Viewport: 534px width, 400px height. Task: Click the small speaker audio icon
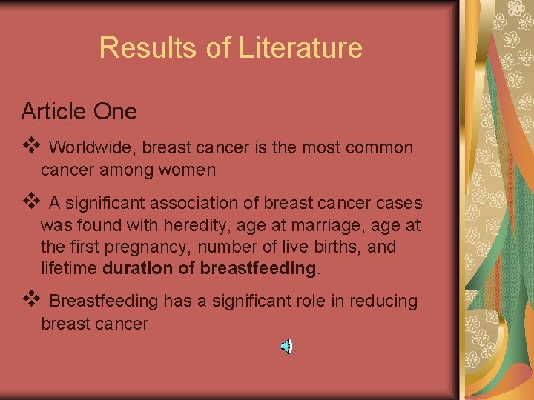(x=286, y=346)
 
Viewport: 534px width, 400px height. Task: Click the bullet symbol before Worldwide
(x=29, y=146)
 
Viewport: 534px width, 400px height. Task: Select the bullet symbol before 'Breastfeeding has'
(x=29, y=300)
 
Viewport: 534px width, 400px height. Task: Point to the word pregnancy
(x=135, y=247)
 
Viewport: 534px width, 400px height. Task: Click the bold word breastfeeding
(x=257, y=268)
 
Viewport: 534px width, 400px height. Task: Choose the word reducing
(x=381, y=301)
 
